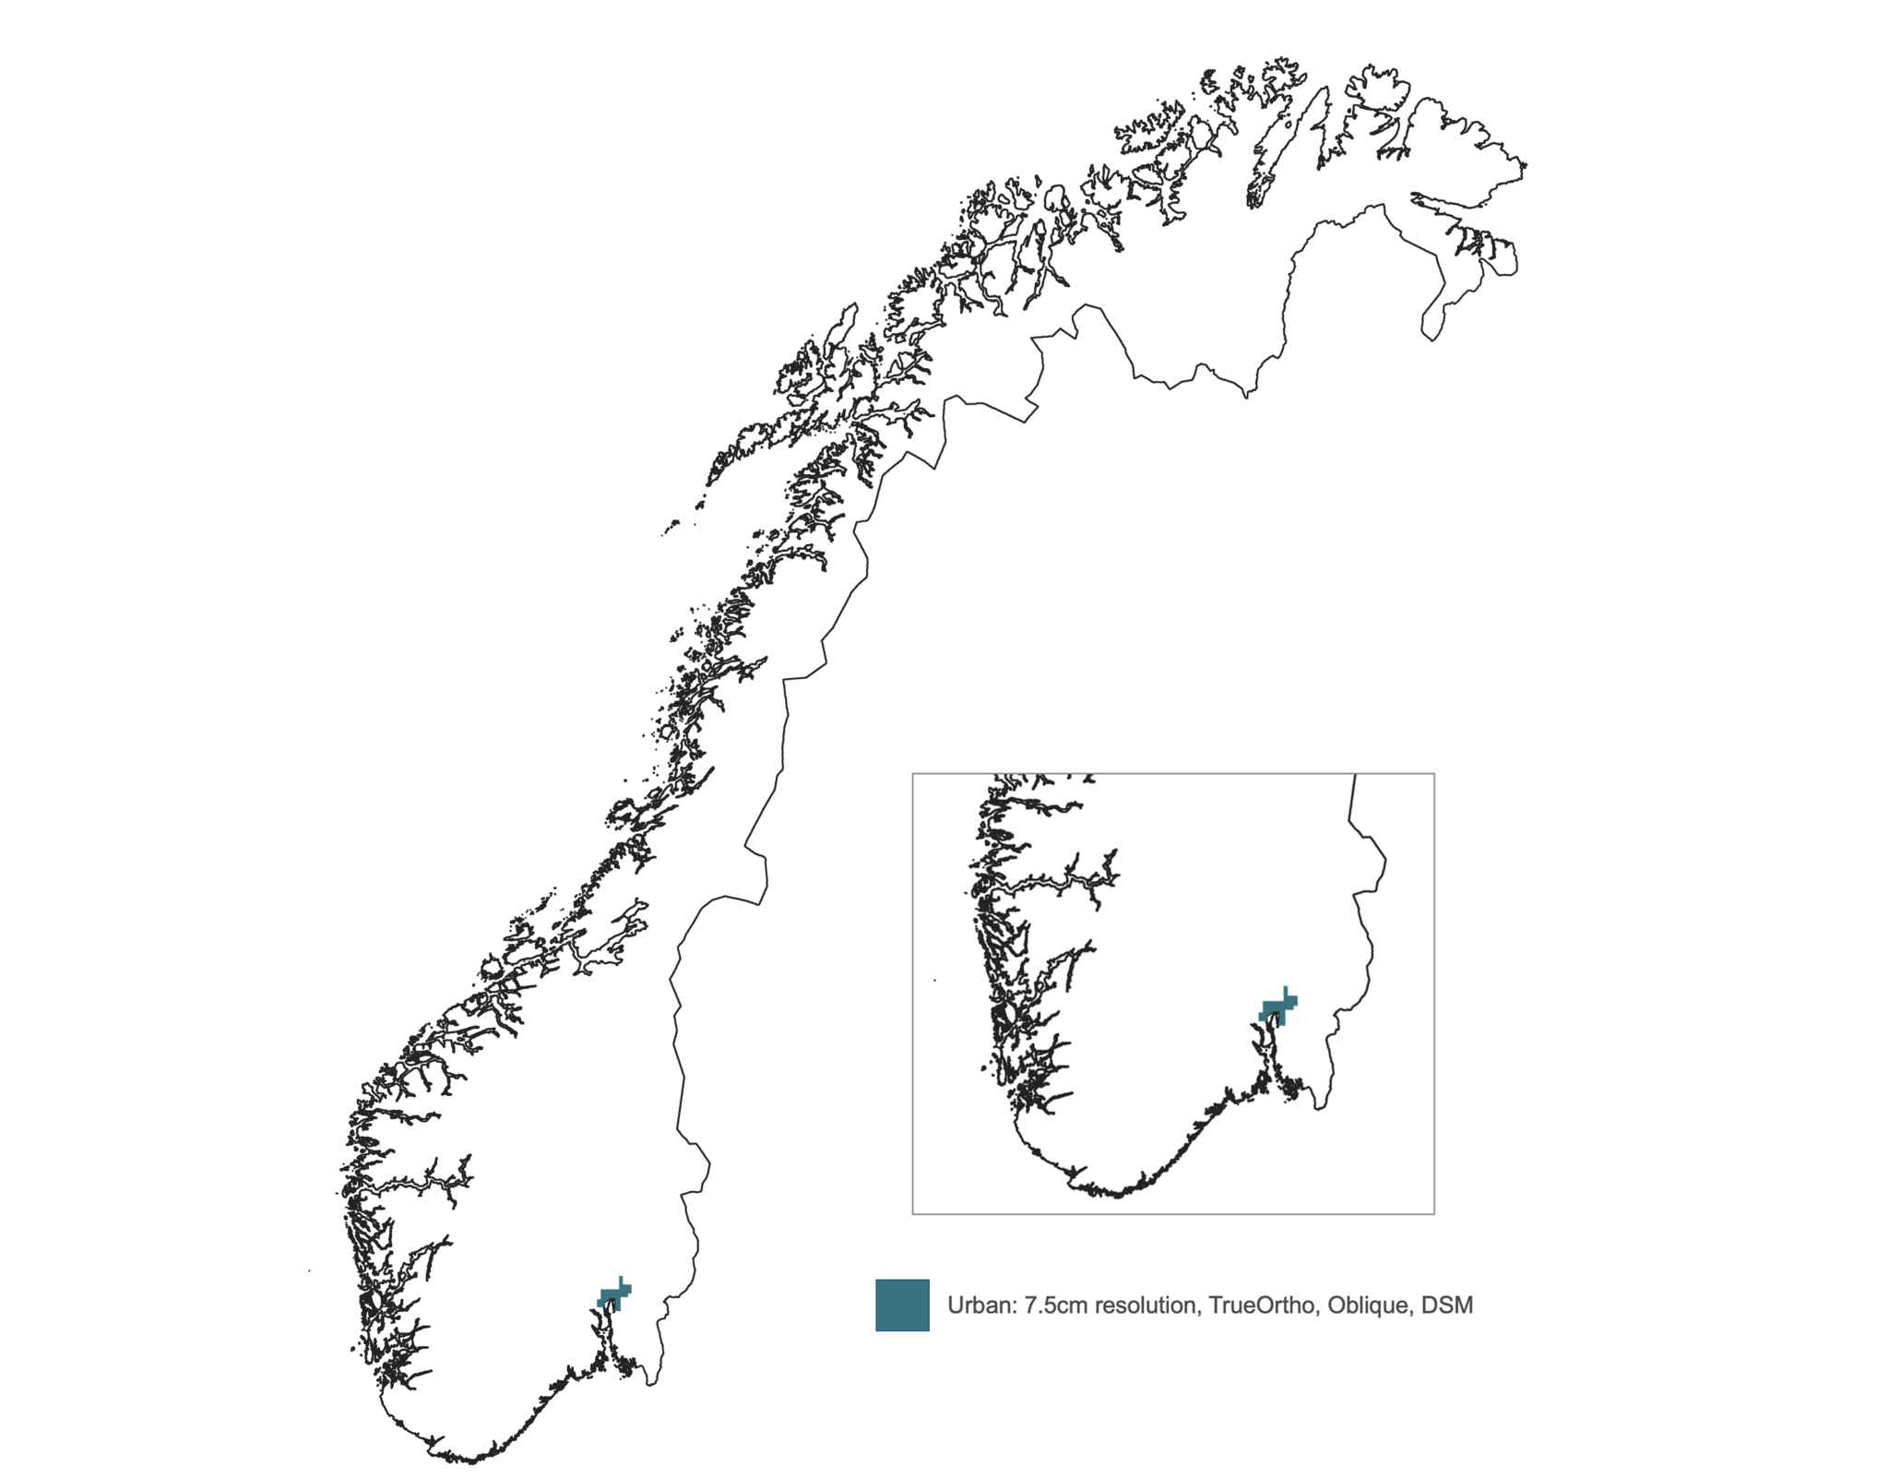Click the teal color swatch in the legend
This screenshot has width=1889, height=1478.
tap(902, 1305)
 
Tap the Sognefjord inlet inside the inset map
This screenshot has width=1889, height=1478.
tap(1051, 884)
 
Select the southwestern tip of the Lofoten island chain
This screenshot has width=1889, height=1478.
tap(665, 532)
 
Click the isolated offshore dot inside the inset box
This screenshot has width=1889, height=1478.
tap(934, 980)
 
